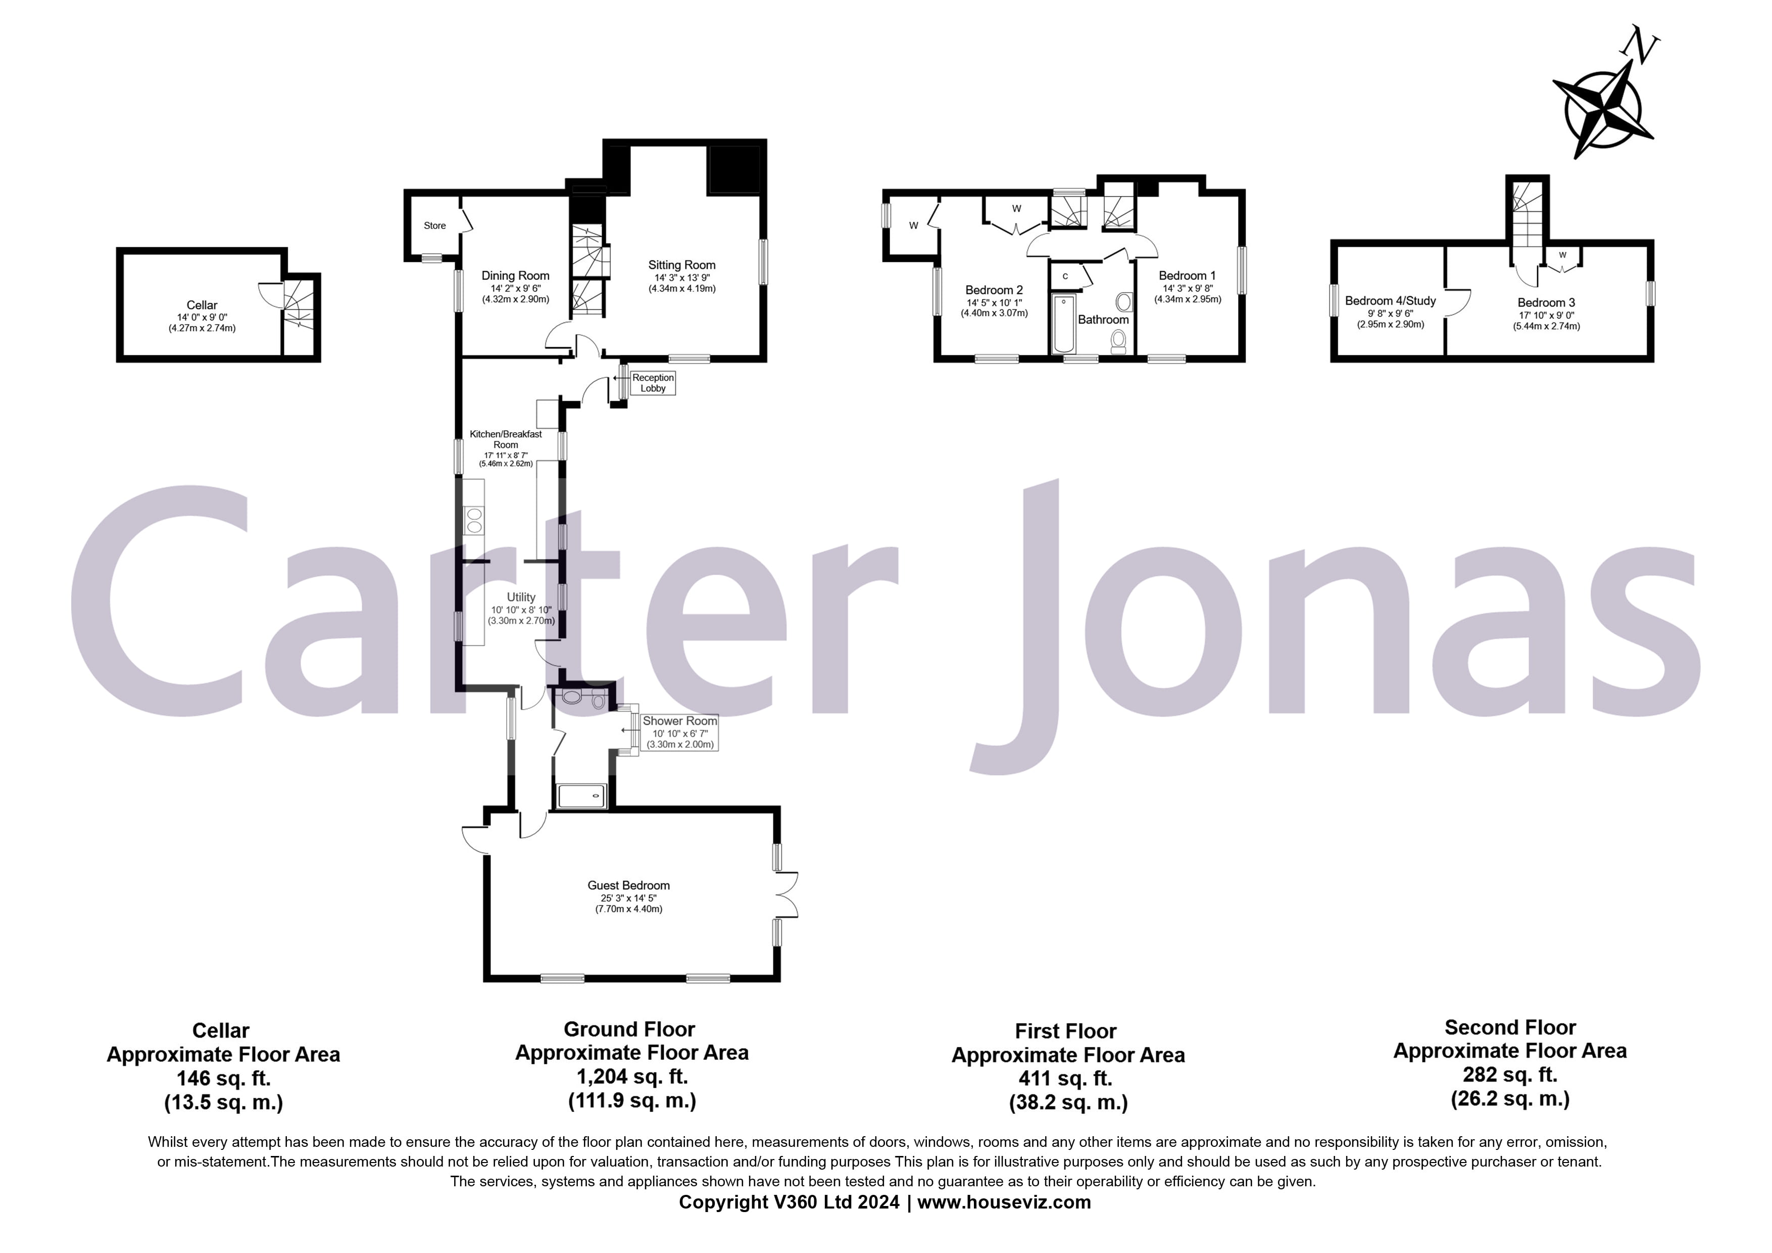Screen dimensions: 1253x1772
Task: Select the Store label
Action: click(434, 225)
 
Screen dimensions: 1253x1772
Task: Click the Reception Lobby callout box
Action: click(653, 383)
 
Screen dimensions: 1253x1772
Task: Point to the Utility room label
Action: click(521, 597)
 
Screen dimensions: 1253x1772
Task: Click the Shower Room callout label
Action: click(679, 721)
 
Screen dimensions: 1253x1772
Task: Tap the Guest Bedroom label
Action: click(628, 886)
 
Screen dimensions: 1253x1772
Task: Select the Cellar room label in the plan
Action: click(202, 305)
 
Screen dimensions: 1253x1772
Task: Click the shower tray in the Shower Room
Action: click(582, 795)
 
